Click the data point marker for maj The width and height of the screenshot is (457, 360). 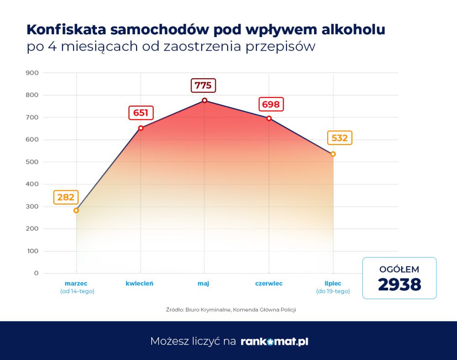204,100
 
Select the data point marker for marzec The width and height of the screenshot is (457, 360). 76,210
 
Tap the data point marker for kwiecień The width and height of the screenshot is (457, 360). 141,128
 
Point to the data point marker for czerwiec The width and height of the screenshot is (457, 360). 269,118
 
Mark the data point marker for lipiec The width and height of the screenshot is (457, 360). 333,154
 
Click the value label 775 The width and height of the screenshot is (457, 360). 203,86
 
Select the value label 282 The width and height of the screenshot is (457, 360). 66,198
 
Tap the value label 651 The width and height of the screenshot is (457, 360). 141,113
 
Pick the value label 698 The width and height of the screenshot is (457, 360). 271,104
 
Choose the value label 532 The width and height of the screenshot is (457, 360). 340,138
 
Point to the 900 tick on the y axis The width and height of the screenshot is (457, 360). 33,73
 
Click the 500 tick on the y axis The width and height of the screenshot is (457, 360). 33,162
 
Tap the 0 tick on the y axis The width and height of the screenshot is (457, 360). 36,274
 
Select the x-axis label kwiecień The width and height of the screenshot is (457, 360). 139,284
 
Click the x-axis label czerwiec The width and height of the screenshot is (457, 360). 269,284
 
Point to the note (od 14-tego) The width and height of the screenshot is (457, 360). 77,291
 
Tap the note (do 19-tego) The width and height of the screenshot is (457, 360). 333,291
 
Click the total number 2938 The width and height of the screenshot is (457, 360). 399,285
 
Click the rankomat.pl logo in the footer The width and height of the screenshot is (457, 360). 274,341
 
